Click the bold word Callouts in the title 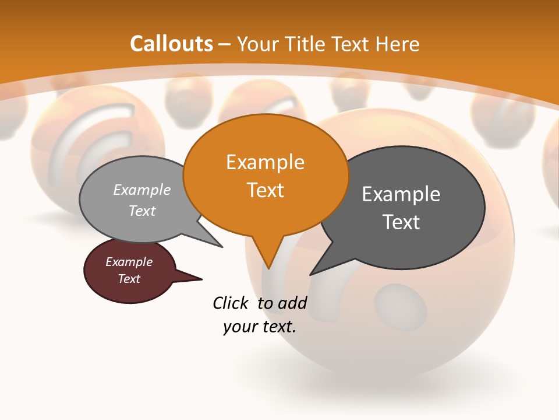[x=171, y=44]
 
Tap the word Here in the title [x=398, y=44]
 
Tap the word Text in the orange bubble [x=265, y=190]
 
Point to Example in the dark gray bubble [x=401, y=194]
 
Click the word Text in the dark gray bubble [x=401, y=222]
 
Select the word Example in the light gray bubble [x=142, y=190]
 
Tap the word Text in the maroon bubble [x=129, y=279]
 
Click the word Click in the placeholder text [x=231, y=303]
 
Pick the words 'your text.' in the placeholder [x=259, y=327]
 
